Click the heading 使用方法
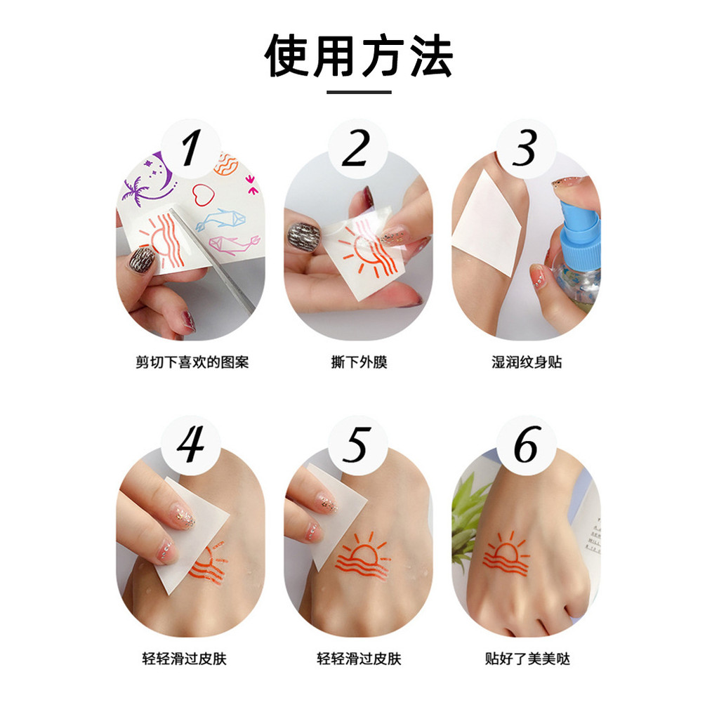(x=359, y=55)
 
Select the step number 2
(x=356, y=147)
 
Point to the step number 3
(x=525, y=147)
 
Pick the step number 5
(x=357, y=444)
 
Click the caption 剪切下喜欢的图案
(x=192, y=362)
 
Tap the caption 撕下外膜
(x=359, y=362)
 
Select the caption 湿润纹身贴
(x=527, y=362)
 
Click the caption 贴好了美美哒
(x=527, y=659)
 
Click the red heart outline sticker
(x=203, y=194)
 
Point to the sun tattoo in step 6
(x=506, y=553)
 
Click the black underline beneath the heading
(x=359, y=92)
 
